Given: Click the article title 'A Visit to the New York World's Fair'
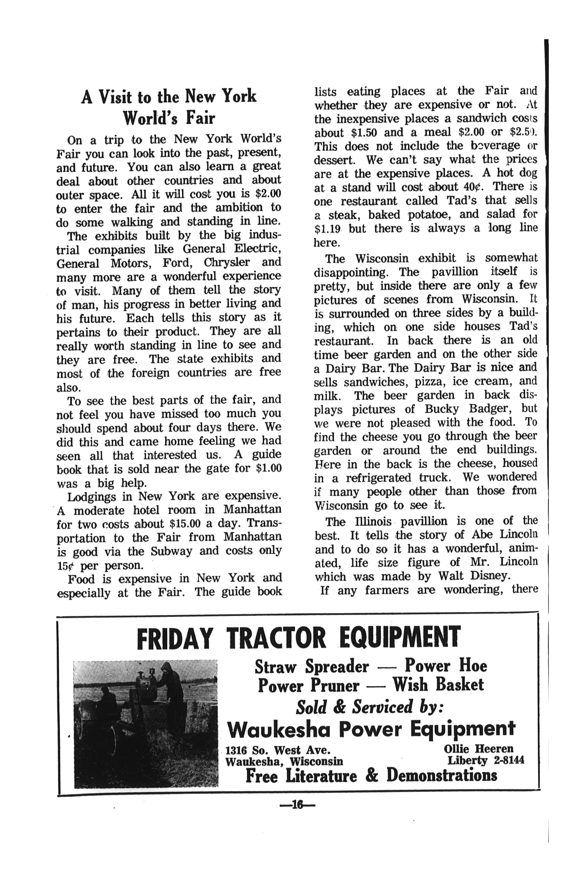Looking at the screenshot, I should pos(169,107).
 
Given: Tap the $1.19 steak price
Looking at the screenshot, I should pos(327,228).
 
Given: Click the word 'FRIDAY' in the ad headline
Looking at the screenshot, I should pos(175,639).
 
